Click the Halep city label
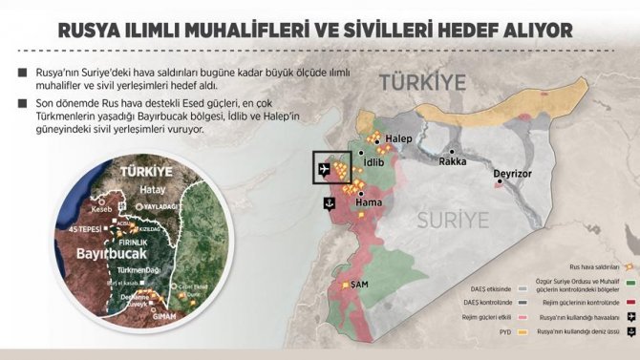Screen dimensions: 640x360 (x=399, y=140)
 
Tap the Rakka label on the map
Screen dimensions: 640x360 (x=453, y=161)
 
